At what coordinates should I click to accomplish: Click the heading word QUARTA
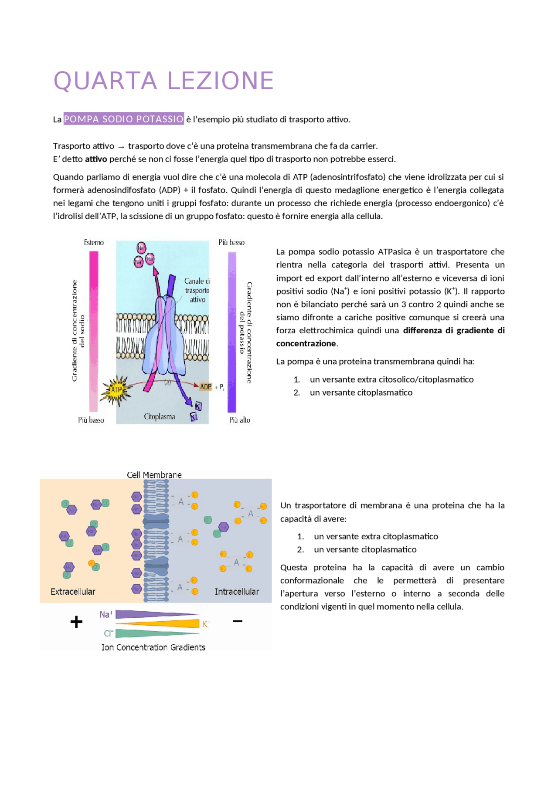tap(105, 81)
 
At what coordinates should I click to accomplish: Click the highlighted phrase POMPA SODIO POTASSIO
tap(124, 119)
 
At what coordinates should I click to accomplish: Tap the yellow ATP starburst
tap(116, 389)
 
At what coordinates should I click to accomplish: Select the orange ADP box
tap(206, 386)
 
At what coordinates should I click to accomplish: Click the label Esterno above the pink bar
tap(94, 242)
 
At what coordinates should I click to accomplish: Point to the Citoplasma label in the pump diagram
tap(159, 417)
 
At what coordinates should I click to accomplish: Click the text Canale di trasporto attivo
tap(197, 290)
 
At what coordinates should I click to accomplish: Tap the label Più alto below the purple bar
tap(239, 420)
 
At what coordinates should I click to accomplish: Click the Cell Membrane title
tap(154, 474)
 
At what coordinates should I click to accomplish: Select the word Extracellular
tap(73, 591)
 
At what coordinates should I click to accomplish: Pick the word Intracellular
tap(237, 591)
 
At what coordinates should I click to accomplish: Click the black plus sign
tap(76, 622)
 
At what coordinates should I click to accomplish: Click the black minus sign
tap(238, 621)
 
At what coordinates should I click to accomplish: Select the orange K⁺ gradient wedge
tap(174, 623)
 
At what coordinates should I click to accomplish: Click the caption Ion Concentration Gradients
tap(153, 647)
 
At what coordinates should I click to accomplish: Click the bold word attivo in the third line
tap(96, 159)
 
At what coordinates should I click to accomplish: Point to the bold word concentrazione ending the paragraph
tap(306, 343)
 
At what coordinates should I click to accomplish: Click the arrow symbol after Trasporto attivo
tap(121, 147)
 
